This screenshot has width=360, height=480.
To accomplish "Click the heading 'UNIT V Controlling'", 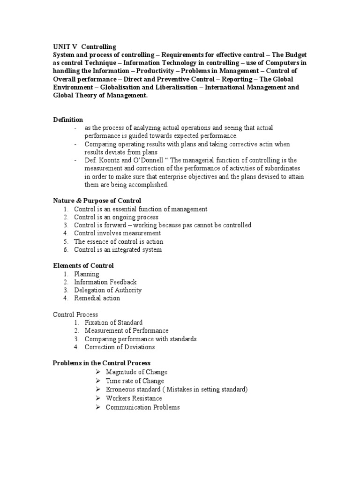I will click(x=84, y=47).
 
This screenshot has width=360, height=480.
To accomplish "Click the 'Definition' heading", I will click(x=67, y=120).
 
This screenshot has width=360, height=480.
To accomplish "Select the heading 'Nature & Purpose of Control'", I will click(x=97, y=201).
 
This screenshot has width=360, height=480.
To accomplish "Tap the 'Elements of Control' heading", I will click(x=83, y=266).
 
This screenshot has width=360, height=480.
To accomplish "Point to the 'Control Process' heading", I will click(x=75, y=315).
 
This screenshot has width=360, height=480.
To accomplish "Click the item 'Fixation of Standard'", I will click(x=113, y=322).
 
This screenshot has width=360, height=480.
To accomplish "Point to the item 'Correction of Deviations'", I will click(x=120, y=347).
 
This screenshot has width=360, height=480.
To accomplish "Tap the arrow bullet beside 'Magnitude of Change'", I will click(x=97, y=372).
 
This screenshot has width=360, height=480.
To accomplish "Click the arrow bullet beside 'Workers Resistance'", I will click(x=97, y=398).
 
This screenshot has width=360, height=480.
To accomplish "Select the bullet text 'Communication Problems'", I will click(x=142, y=407).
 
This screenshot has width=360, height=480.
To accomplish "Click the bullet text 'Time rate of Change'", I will click(x=135, y=381).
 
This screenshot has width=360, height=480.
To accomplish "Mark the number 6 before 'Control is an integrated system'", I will click(x=66, y=250).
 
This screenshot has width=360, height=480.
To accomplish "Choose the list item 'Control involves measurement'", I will click(x=117, y=233).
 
